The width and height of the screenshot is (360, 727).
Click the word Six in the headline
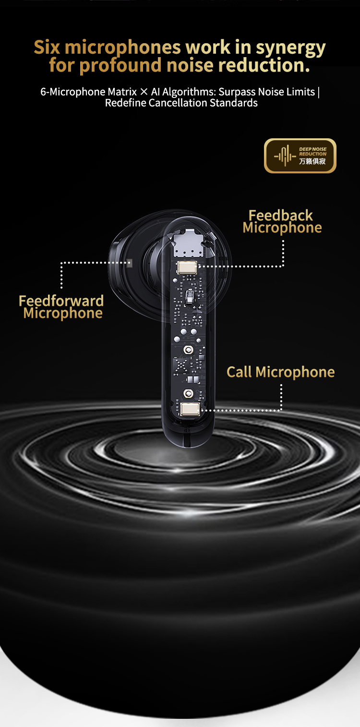[47, 47]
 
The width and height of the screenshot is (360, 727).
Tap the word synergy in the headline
[290, 48]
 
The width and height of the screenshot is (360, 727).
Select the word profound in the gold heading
[120, 66]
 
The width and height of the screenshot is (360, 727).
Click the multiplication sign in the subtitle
[144, 92]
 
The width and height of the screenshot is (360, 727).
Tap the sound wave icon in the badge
[285, 156]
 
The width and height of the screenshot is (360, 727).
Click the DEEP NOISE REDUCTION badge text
[312, 151]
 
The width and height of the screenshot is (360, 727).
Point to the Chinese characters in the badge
[312, 161]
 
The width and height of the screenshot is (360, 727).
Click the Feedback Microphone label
[282, 221]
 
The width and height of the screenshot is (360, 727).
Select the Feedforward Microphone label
[61, 307]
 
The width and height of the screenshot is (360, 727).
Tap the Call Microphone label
[280, 372]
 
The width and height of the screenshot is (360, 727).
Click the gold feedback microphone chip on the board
[187, 268]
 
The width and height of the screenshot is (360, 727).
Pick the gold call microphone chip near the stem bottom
[190, 409]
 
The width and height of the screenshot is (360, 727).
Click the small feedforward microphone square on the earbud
[130, 263]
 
